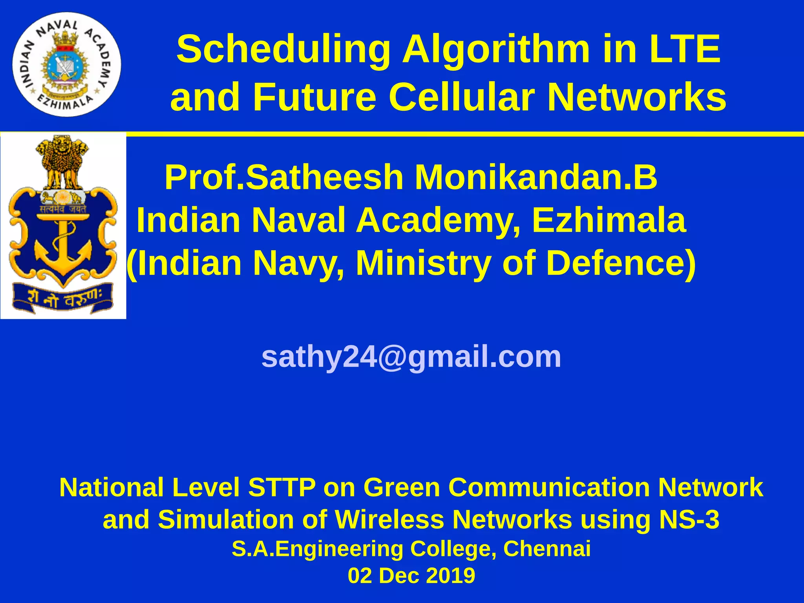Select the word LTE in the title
click(x=685, y=49)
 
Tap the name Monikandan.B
click(x=536, y=177)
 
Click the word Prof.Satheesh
click(x=284, y=177)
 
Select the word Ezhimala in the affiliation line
click(x=609, y=220)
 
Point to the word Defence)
click(x=621, y=263)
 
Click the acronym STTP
click(x=281, y=488)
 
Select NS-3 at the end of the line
click(x=689, y=519)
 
